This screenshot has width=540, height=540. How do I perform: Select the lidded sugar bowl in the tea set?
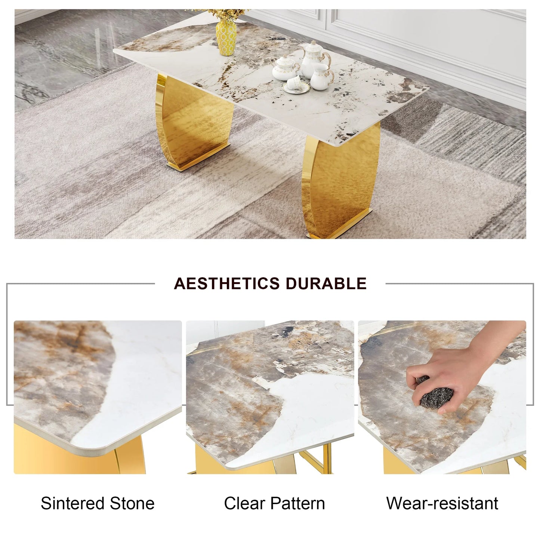[283, 70]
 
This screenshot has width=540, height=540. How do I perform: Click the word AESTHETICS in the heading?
[226, 284]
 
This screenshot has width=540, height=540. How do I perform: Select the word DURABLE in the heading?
[326, 284]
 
